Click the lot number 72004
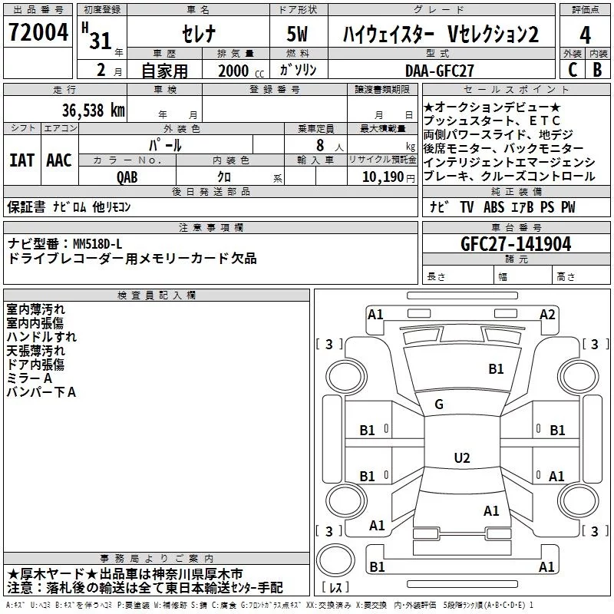(38, 32)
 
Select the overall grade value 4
(585, 35)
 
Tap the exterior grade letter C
(573, 70)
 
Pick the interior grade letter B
(597, 70)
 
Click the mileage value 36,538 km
(93, 111)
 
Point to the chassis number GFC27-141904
(516, 244)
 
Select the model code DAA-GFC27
(439, 71)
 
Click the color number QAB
(127, 177)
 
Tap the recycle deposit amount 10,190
(383, 177)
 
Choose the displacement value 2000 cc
(241, 71)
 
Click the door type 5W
(297, 34)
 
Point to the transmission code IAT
(21, 160)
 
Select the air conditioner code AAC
(59, 160)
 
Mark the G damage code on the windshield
(439, 404)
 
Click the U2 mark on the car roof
(462, 457)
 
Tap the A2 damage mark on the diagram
(547, 315)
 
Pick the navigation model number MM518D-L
(97, 244)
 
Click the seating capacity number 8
(320, 145)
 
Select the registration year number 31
(101, 41)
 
